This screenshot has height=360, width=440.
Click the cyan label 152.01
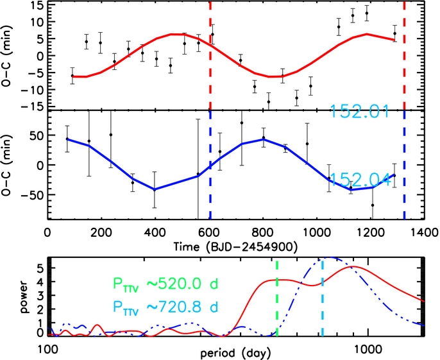click(360, 112)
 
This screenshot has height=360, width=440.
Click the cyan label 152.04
click(361, 180)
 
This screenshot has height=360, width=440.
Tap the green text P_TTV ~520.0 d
click(165, 284)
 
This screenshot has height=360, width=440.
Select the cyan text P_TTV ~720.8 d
click(165, 307)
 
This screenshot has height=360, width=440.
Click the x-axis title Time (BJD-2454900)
click(235, 247)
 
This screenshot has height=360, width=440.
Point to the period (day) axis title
click(236, 353)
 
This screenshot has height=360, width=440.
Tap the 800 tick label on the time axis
click(263, 232)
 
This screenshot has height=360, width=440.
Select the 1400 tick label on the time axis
click(425, 232)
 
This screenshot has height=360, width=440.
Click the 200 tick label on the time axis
click(101, 232)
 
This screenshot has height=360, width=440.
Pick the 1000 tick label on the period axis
click(368, 349)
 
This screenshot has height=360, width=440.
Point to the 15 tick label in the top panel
click(36, 4)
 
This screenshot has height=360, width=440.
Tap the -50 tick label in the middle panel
click(32, 194)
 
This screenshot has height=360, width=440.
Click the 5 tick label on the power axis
click(40, 268)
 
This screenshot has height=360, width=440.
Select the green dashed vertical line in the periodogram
click(277, 298)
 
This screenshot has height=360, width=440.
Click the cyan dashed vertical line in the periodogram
click(323, 298)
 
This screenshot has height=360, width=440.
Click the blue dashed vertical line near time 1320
click(404, 165)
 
